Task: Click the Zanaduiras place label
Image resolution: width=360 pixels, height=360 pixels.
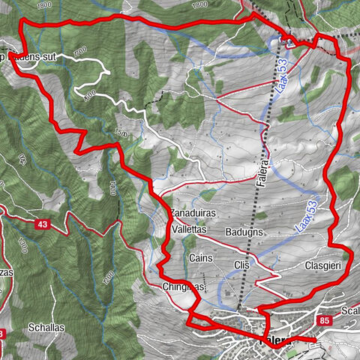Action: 193,213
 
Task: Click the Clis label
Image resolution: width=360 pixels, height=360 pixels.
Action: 241,265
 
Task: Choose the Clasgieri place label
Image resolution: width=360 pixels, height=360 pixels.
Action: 324,265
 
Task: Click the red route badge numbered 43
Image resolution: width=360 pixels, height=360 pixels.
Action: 42,223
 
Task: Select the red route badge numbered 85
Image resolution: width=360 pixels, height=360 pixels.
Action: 324,321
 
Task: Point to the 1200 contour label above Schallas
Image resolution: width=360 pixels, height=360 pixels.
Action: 108,278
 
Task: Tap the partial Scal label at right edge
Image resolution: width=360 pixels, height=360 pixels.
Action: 350,310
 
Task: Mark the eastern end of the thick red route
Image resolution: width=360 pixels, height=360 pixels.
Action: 316,340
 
